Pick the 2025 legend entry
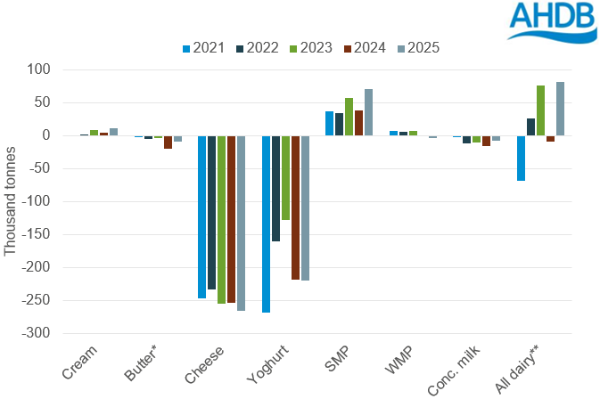[417, 48]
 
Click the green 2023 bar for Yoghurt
[286, 178]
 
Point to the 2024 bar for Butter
[168, 142]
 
